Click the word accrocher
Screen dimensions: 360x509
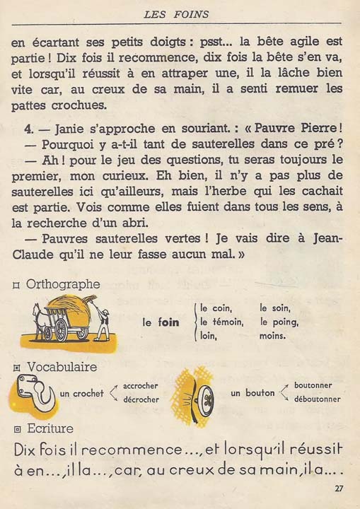pyautogui.click(x=140, y=386)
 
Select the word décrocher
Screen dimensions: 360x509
pyautogui.click(x=140, y=399)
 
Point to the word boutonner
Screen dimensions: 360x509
pyautogui.click(x=314, y=386)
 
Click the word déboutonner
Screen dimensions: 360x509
pyautogui.click(x=318, y=399)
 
